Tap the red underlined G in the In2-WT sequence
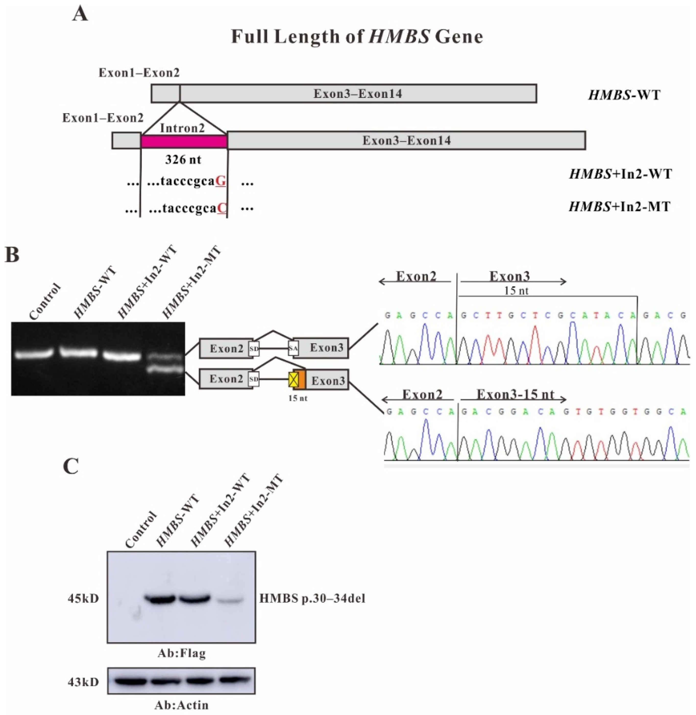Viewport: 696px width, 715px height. click(x=221, y=181)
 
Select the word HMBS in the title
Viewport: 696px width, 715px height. click(x=399, y=37)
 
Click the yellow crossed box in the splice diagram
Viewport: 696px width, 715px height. click(x=294, y=380)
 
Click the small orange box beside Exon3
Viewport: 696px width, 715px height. click(x=302, y=380)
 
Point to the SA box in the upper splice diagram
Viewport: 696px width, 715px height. click(x=294, y=348)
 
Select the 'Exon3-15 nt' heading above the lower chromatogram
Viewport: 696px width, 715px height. click(x=515, y=395)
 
